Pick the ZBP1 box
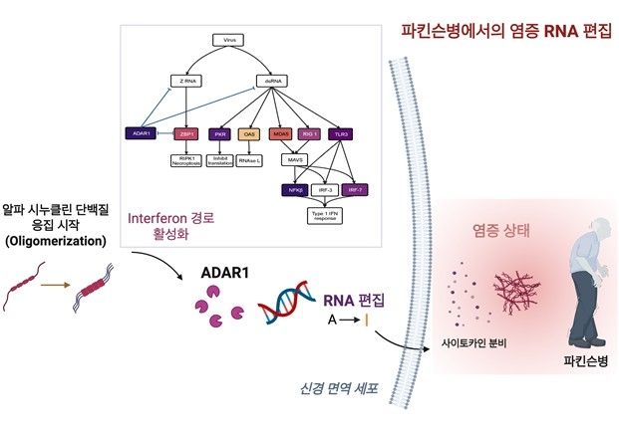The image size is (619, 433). click(x=186, y=133)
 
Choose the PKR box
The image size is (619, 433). click(x=220, y=133)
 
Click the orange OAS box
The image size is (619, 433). click(x=250, y=133)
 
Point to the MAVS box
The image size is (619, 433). click(x=295, y=159)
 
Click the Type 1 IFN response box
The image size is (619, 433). click(x=323, y=215)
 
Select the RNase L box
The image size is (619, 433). click(x=249, y=160)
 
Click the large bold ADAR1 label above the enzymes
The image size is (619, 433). click(x=225, y=271)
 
